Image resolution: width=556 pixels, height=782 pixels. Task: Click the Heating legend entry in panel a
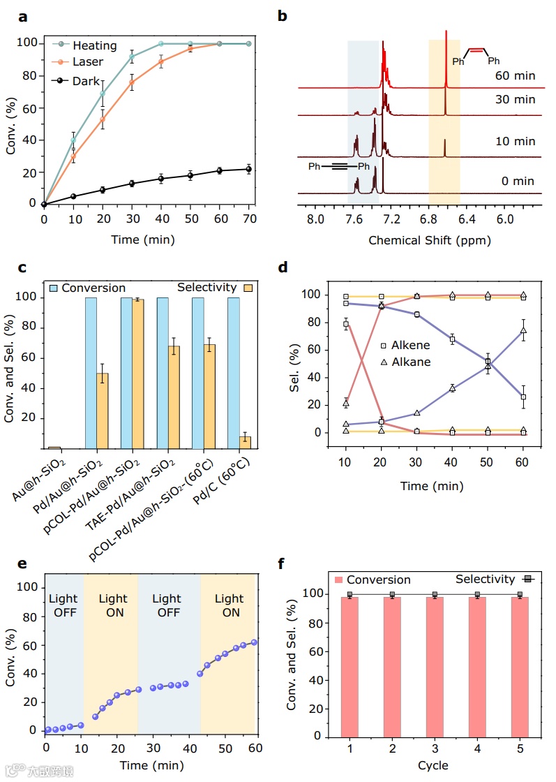(x=94, y=45)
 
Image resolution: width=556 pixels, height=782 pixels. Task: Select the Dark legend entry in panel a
(x=87, y=81)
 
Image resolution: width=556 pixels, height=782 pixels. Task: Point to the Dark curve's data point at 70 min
(x=249, y=169)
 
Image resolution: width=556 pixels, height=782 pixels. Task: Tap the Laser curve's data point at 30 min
(x=132, y=82)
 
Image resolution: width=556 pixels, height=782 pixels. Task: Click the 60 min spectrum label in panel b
(x=515, y=76)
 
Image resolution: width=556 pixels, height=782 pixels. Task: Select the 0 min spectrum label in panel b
(x=518, y=181)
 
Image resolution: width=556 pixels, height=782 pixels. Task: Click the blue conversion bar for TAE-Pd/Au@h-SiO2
(x=163, y=373)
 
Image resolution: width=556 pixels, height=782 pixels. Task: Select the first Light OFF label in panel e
(x=64, y=605)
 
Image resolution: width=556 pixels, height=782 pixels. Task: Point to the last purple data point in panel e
(x=254, y=642)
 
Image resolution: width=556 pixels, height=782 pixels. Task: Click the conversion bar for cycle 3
(x=435, y=666)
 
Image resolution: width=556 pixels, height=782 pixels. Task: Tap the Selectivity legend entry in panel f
(x=486, y=579)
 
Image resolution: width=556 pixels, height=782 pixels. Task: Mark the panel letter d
(x=283, y=267)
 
